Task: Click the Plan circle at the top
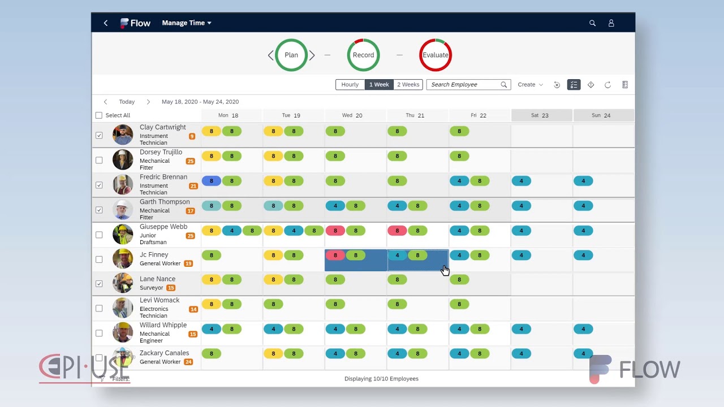click(x=291, y=55)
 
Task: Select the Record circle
click(x=363, y=55)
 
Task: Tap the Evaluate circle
click(x=435, y=55)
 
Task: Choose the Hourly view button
click(x=350, y=85)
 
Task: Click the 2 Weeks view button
click(x=408, y=85)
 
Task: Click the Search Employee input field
click(x=464, y=85)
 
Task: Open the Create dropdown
click(x=530, y=85)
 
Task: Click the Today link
click(x=127, y=102)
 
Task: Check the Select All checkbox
click(x=99, y=115)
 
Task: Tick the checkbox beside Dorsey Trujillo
click(x=99, y=161)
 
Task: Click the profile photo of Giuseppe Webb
click(x=123, y=234)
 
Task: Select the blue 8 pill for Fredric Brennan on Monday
click(x=212, y=181)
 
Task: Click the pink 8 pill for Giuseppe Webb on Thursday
click(x=397, y=231)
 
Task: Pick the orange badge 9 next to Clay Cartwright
click(x=192, y=136)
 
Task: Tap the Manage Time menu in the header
click(x=186, y=23)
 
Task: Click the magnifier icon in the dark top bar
click(x=592, y=23)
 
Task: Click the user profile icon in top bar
click(x=611, y=23)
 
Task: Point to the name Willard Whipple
click(x=163, y=325)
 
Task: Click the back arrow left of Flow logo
click(x=106, y=23)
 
